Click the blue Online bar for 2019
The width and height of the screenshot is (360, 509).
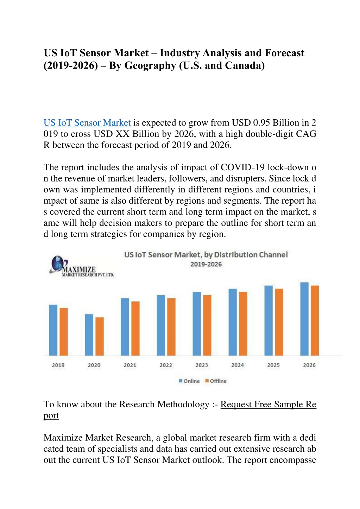(x=53, y=330)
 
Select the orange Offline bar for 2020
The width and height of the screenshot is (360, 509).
(x=100, y=336)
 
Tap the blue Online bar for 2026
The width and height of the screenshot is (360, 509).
(x=304, y=319)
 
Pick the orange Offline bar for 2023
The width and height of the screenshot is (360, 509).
(x=207, y=325)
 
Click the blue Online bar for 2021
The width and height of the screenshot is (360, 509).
(x=125, y=327)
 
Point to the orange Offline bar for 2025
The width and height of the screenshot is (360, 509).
(x=279, y=322)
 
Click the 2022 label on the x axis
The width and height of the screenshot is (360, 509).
(x=166, y=365)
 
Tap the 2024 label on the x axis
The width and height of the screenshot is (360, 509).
(x=238, y=365)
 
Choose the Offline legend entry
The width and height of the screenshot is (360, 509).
(x=216, y=381)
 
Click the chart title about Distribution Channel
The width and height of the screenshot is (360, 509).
(x=206, y=255)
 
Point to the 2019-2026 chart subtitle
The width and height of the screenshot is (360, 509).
(x=206, y=264)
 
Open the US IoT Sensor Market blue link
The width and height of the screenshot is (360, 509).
(x=87, y=123)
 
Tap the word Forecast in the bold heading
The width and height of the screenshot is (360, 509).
(x=285, y=53)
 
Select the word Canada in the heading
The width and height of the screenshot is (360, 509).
(x=243, y=65)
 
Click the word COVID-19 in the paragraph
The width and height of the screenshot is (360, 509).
(x=243, y=167)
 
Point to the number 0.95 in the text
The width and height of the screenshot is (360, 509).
(x=261, y=123)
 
